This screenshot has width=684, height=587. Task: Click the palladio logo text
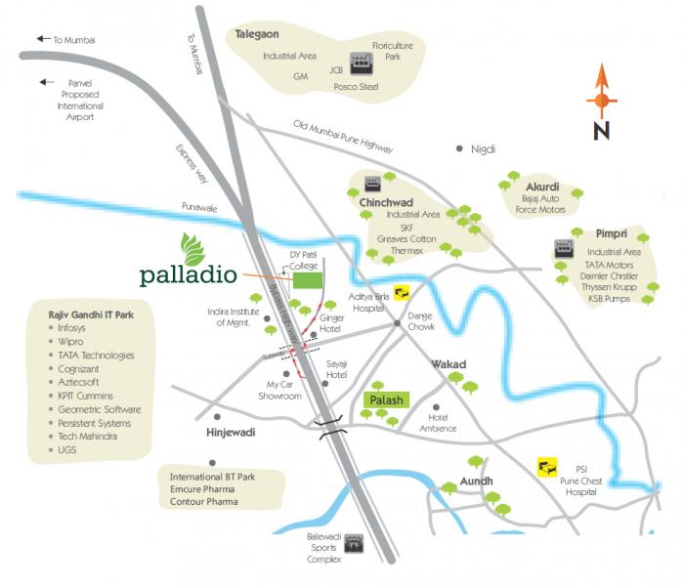pos(188,273)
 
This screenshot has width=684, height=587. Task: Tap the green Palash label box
pos(383,399)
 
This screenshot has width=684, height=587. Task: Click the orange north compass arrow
pos(601,93)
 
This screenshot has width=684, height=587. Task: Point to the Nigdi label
pos(483,148)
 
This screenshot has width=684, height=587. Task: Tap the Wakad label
pos(449,364)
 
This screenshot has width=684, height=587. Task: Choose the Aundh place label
pos(476,482)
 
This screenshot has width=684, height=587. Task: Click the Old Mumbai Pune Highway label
pos(343,136)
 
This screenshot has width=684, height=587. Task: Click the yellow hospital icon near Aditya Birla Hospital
pos(402,290)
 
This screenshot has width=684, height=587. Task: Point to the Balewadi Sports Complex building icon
pos(354,542)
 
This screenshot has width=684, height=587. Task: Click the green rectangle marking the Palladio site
pos(308,279)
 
